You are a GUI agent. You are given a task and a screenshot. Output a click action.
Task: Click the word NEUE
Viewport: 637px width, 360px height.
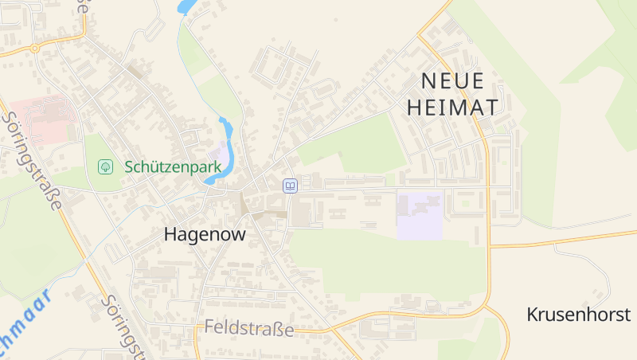pos(452,80)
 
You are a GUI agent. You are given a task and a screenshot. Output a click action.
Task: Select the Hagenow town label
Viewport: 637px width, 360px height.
pos(205,235)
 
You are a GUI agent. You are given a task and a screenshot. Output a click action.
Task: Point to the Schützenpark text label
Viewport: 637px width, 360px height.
pos(173,167)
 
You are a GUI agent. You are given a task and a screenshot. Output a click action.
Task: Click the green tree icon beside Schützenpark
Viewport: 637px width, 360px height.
pos(105,166)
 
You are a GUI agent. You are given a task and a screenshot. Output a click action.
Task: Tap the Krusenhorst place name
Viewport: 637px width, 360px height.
pos(579,315)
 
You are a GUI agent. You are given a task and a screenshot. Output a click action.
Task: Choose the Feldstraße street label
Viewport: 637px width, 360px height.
pos(249,328)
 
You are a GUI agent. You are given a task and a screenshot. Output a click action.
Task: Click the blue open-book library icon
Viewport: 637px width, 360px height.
pos(291,186)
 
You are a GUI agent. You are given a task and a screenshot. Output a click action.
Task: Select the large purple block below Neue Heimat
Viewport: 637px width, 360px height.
pos(420,214)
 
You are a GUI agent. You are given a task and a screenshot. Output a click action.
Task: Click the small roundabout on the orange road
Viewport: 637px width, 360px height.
pos(34,48)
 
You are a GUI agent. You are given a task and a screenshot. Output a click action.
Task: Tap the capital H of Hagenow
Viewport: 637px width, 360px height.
pos(170,235)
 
